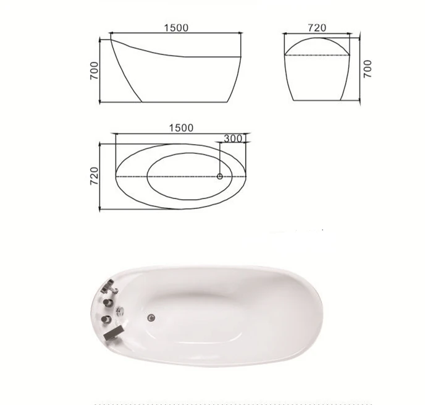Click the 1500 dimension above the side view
coord(176,28)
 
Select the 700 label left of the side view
coord(94,70)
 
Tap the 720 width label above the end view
coord(317,28)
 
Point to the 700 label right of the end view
coord(368,69)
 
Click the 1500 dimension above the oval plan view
coord(182,128)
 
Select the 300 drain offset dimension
coord(233,139)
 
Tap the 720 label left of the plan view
coord(94,176)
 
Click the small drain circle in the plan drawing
coord(220,177)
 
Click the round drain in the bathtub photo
coord(151,317)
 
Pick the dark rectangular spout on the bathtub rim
coord(114,333)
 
